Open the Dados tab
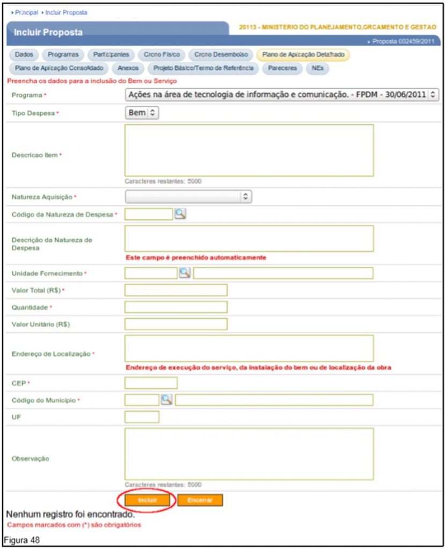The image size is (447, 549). coord(24,54)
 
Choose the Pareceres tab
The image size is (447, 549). coord(282,68)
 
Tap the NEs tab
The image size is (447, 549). coord(317,68)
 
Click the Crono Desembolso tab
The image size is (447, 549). coord(221,54)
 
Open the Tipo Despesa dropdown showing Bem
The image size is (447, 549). coord(142,113)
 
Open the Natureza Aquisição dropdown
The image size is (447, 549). coord(188,197)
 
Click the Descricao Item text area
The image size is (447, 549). coord(249,150)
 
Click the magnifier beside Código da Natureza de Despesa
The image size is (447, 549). coord(180,214)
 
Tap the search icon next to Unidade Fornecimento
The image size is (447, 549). coord(185,273)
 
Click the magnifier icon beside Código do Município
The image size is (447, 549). coord(167,399)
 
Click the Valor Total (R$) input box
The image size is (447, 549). coord(175,290)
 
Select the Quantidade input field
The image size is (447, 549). coord(175,307)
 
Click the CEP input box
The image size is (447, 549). coord(151,383)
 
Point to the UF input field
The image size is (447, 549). coord(142,417)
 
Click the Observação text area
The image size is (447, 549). coord(249,454)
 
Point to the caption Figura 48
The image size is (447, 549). coord(21,538)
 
